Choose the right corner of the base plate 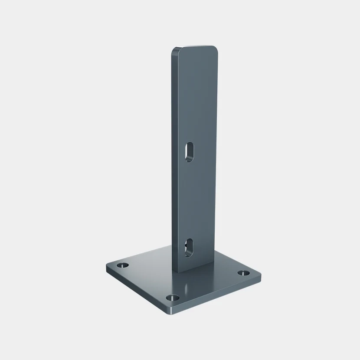261,274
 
